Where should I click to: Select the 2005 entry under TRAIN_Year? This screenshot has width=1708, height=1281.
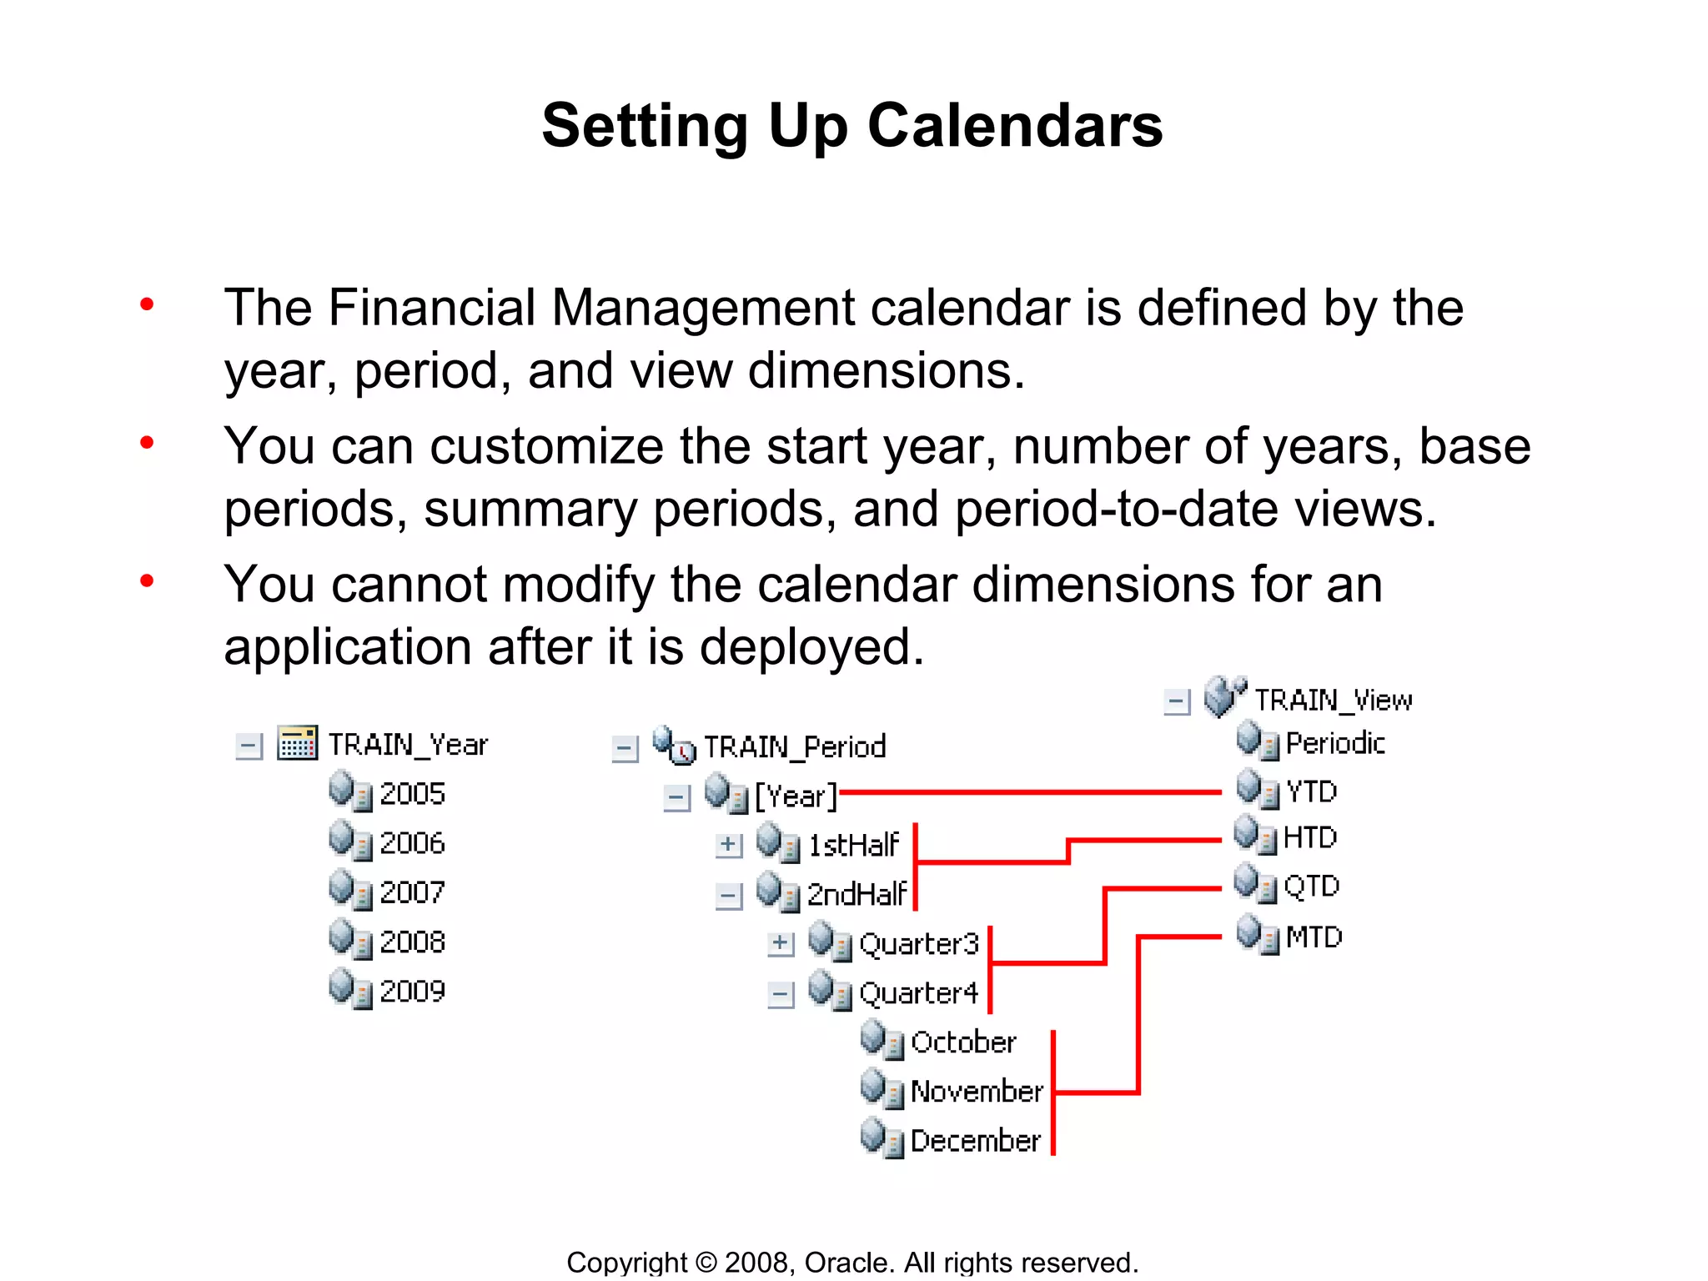pyautogui.click(x=412, y=793)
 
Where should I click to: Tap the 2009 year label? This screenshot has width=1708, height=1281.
pyautogui.click(x=412, y=991)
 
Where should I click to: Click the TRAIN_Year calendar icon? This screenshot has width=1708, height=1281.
pyautogui.click(x=297, y=742)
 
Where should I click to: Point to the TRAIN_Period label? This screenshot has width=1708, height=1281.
pyautogui.click(x=795, y=746)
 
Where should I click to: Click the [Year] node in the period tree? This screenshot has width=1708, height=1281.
pyautogui.click(x=795, y=796)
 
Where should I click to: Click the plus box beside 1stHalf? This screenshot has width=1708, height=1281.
pyautogui.click(x=728, y=845)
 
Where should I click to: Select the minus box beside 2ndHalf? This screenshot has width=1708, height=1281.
pyautogui.click(x=728, y=896)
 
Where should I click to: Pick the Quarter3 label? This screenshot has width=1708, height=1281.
pyautogui.click(x=918, y=944)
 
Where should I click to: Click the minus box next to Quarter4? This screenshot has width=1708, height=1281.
pyautogui.click(x=781, y=994)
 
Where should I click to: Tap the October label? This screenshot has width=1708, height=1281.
pyautogui.click(x=963, y=1042)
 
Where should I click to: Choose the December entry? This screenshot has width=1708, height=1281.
pyautogui.click(x=975, y=1140)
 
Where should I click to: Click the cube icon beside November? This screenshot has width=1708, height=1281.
pyautogui.click(x=881, y=1089)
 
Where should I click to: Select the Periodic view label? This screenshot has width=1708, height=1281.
pyautogui.click(x=1334, y=742)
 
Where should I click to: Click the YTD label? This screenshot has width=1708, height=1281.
pyautogui.click(x=1311, y=791)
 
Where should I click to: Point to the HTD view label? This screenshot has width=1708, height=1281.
pyautogui.click(x=1309, y=836)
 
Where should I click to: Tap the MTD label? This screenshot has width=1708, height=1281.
pyautogui.click(x=1314, y=937)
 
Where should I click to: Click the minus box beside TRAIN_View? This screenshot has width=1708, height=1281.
pyautogui.click(x=1176, y=701)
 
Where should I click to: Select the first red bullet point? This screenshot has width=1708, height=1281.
pyautogui.click(x=147, y=304)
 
